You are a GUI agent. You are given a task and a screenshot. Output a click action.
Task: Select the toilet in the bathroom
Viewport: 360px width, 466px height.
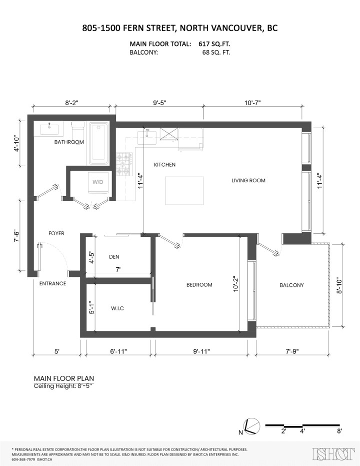pos(77,131)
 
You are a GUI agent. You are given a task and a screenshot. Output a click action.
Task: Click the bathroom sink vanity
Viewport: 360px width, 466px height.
pos(50,129)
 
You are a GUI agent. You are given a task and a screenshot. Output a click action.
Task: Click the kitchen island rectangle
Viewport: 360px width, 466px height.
pos(185,191)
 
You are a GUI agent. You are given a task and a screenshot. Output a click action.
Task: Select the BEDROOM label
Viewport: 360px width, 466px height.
pos(199,285)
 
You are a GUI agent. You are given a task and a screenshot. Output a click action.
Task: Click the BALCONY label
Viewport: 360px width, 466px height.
pos(291,285)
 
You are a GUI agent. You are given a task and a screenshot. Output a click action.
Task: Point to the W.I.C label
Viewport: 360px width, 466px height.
pos(117,308)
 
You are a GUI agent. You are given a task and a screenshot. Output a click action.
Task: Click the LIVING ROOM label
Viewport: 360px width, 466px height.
pos(248,180)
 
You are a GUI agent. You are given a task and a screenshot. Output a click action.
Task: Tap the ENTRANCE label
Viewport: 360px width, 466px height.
pos(52,283)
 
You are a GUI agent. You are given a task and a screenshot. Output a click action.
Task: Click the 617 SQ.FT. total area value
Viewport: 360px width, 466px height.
pos(212,44)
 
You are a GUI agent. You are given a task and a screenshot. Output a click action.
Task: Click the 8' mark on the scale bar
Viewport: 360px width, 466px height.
pos(339,430)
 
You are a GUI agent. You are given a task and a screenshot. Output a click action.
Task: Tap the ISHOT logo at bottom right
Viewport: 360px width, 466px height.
pos(330,454)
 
